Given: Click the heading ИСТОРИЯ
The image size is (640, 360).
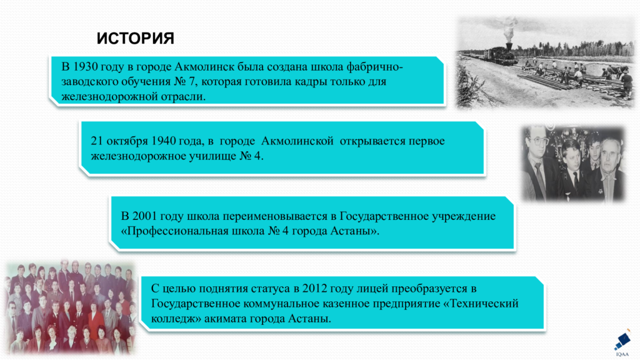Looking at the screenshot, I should pyautogui.click(x=135, y=39).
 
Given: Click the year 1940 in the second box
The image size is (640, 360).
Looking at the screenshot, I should pyautogui.click(x=167, y=141).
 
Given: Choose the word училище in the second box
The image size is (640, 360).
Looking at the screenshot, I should pyautogui.click(x=212, y=156).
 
